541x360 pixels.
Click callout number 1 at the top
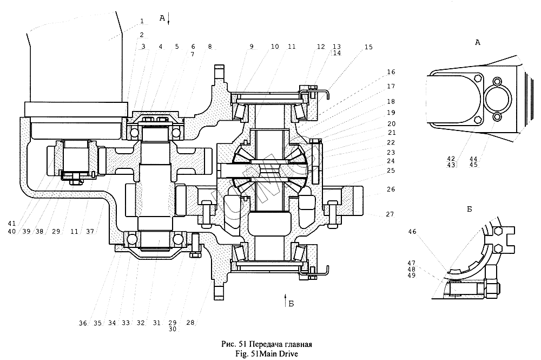pos(142,21)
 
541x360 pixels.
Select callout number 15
pos(368,48)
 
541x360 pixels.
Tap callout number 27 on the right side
pos(390,214)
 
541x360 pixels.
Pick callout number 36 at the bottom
pos(82,323)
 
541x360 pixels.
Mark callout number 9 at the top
pos(252,47)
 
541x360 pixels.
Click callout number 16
pos(391,71)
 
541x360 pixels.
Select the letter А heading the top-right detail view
pos(477,42)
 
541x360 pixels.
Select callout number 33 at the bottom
pos(126,323)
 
